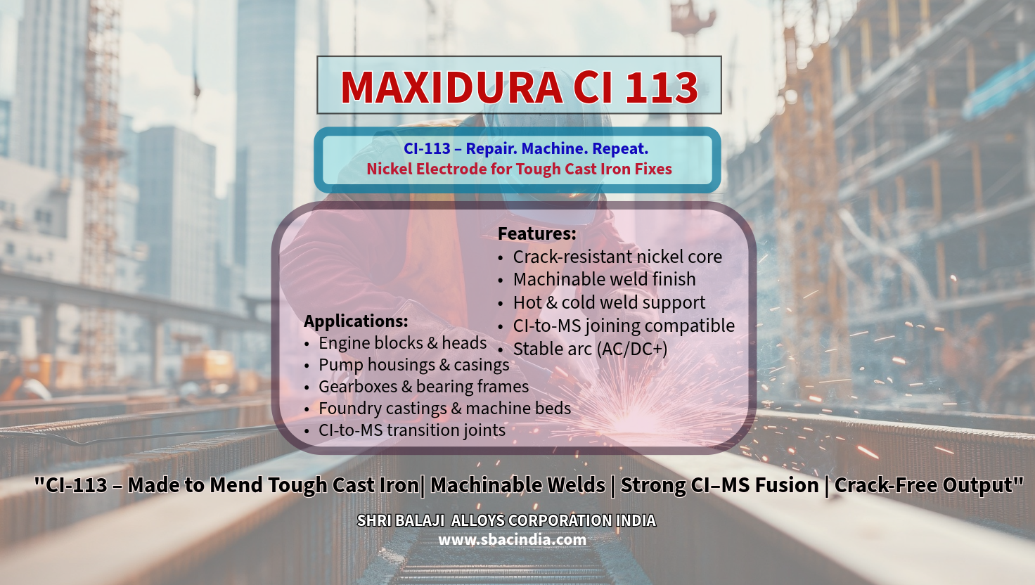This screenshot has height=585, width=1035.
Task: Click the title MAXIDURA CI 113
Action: (519, 87)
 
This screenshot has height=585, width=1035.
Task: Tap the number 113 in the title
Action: (661, 87)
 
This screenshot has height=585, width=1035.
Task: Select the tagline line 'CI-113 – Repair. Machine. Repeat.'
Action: (526, 149)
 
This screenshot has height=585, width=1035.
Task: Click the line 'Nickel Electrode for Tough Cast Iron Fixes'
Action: (519, 169)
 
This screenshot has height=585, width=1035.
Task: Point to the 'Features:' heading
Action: (536, 233)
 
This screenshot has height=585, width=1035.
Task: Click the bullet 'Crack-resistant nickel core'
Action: (617, 257)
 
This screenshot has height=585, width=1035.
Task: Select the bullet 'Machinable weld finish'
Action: (604, 280)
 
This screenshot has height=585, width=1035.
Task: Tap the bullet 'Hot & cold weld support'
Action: (609, 303)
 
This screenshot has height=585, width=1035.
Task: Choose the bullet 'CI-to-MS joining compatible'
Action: (624, 326)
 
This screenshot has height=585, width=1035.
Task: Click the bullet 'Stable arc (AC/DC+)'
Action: (590, 349)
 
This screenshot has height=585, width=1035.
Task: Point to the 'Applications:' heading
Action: (356, 321)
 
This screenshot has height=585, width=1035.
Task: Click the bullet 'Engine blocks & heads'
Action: (402, 343)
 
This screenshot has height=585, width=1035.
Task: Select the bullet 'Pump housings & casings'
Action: (413, 365)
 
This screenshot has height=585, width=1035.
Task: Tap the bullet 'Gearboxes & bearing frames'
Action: (423, 387)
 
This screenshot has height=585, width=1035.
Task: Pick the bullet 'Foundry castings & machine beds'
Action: (444, 409)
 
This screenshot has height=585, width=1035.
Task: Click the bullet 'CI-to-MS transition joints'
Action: (411, 430)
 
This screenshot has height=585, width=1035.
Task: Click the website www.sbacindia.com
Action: (512, 540)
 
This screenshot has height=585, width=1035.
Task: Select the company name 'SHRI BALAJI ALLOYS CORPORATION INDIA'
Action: (506, 521)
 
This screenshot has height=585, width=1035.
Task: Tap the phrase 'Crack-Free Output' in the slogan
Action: (923, 485)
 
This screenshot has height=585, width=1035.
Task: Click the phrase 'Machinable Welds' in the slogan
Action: (517, 485)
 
